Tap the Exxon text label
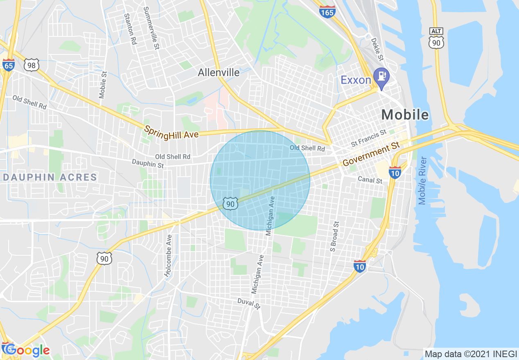pos(356,80)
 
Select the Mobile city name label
pos(405,115)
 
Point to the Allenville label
pos(219,73)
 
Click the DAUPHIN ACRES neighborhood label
pos(50,178)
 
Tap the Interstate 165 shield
pos(327,11)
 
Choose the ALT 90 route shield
pos(437,38)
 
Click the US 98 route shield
pos(32,65)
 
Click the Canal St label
pos(370,180)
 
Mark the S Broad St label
pos(335,236)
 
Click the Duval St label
pos(249,304)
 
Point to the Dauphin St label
pos(147,164)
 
